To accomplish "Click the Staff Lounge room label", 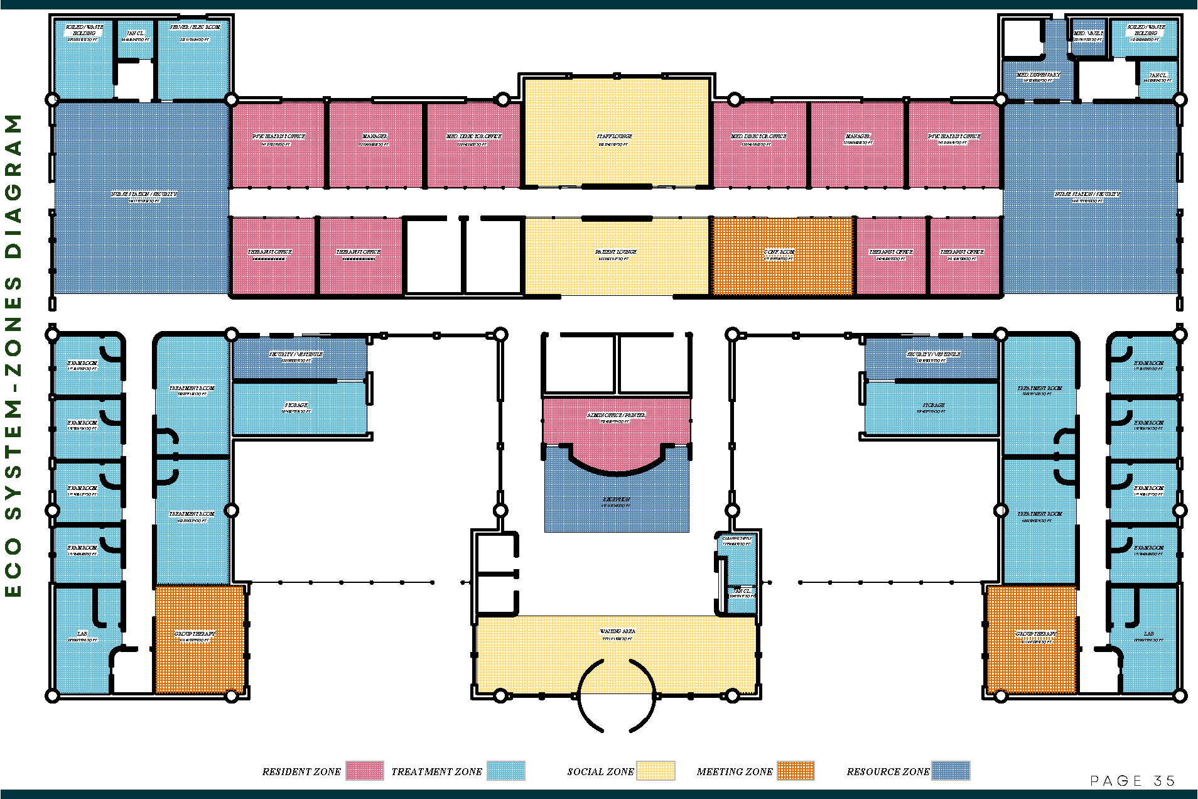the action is [614, 136].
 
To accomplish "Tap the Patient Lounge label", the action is [616, 252].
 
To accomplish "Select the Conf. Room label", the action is [779, 252].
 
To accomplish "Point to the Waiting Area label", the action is [617, 631].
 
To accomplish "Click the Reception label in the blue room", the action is [616, 499].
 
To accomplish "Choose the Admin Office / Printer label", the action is [616, 415].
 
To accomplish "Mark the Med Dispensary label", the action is [1038, 75].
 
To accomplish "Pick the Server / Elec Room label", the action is [195, 27].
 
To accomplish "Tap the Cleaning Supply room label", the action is [737, 538].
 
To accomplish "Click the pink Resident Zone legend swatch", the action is [365, 771].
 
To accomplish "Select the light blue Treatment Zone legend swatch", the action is [506, 771].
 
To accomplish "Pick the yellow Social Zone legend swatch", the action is [656, 771].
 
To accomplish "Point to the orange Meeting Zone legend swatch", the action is [796, 771].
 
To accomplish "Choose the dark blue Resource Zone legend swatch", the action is [951, 771].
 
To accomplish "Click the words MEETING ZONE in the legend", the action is [735, 772].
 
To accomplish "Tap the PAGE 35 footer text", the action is [1133, 781].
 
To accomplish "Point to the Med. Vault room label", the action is [1088, 33].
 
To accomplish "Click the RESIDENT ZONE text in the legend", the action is [301, 772].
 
